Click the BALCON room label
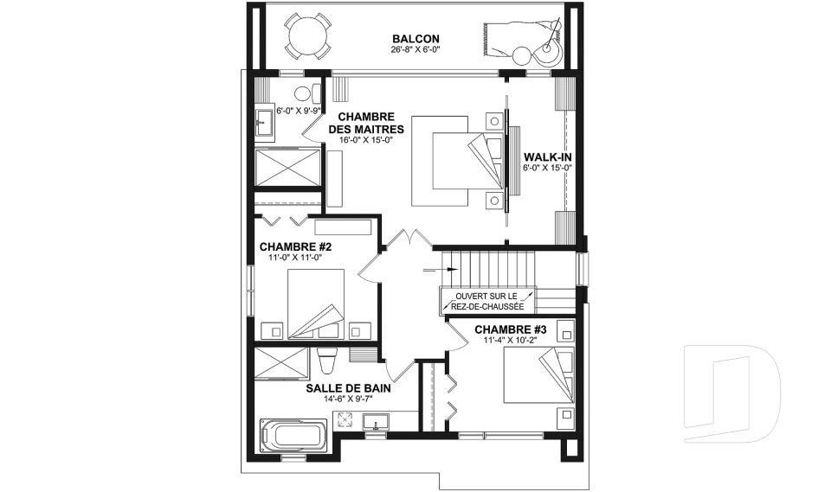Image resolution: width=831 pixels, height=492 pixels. [415, 39]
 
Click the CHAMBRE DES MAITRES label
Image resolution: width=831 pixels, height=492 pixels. [365, 123]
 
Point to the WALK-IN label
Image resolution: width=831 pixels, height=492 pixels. [547, 157]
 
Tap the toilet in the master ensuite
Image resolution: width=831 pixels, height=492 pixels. [307, 94]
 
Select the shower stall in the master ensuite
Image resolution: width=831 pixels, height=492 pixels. [288, 167]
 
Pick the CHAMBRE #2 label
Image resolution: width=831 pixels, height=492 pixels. [295, 246]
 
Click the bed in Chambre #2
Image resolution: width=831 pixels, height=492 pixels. [316, 304]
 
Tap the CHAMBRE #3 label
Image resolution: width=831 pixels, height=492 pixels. [511, 330]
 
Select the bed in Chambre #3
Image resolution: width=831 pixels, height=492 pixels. [538, 375]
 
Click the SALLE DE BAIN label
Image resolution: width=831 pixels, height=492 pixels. [348, 388]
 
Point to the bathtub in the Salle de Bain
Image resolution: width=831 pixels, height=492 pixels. [293, 435]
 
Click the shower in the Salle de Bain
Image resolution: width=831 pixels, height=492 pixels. [280, 363]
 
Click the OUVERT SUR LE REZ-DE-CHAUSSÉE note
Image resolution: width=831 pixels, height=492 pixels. [487, 302]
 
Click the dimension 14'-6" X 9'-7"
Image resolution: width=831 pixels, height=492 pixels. [348, 399]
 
